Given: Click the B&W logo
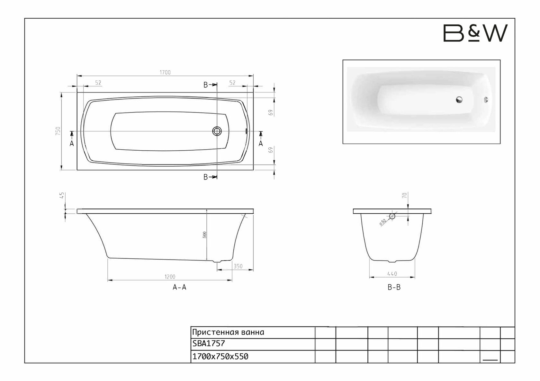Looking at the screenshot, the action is pyautogui.click(x=475, y=33).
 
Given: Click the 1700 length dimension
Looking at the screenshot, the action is pyautogui.click(x=165, y=72).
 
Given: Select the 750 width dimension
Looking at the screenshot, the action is pyautogui.click(x=58, y=131).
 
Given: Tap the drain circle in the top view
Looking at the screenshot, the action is pyautogui.click(x=217, y=131).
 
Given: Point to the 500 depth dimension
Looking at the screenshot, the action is pyautogui.click(x=204, y=235).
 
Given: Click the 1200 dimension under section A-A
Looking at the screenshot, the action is pyautogui.click(x=170, y=277).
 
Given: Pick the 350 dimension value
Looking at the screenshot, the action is pyautogui.click(x=238, y=266).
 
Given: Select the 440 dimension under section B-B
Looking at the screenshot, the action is pyautogui.click(x=392, y=274).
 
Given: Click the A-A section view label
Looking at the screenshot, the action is pyautogui.click(x=180, y=287).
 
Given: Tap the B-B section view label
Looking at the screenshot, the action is pyautogui.click(x=394, y=287).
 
